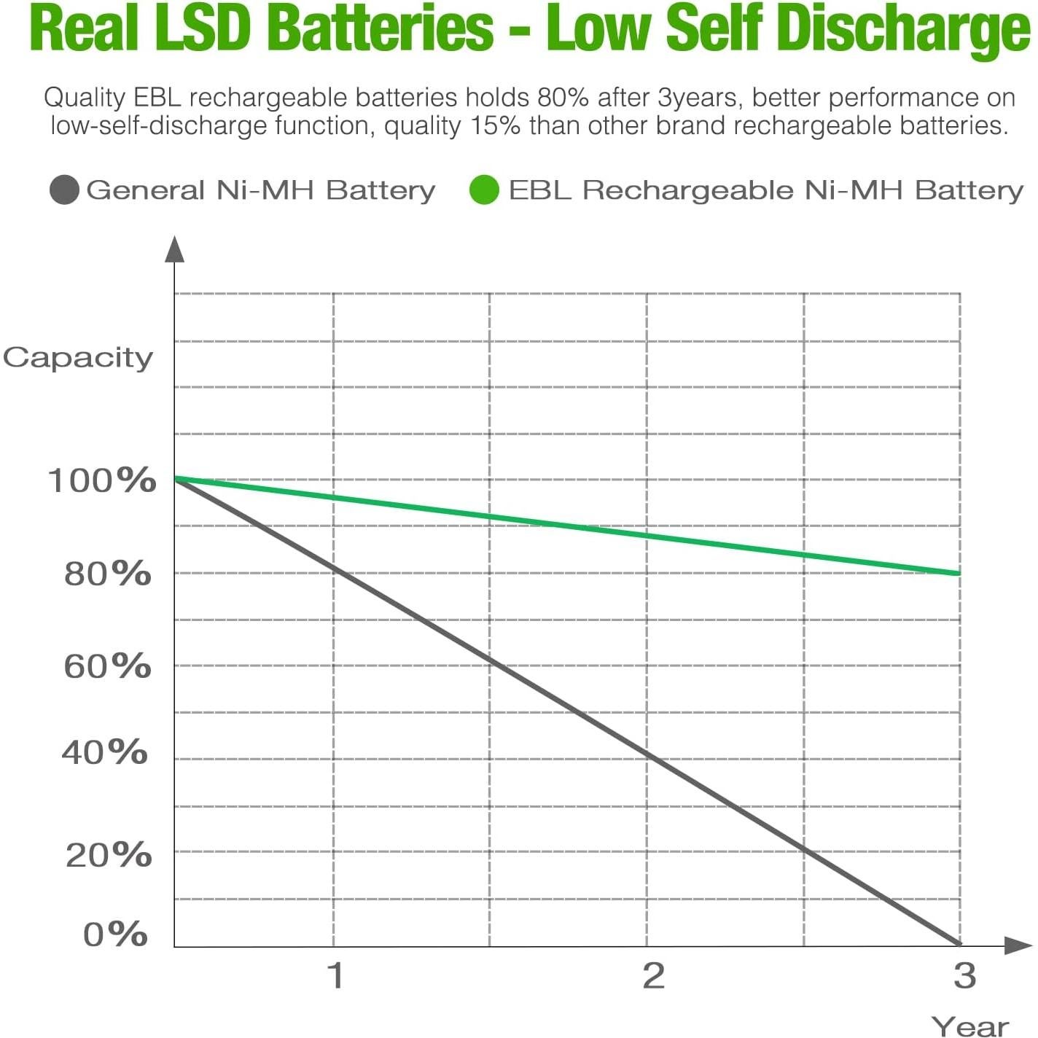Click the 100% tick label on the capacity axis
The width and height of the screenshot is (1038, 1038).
pyautogui.click(x=102, y=480)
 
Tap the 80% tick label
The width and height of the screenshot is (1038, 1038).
pyautogui.click(x=108, y=574)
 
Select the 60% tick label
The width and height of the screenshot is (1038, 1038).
pyautogui.click(x=108, y=666)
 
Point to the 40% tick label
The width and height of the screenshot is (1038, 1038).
pyautogui.click(x=105, y=752)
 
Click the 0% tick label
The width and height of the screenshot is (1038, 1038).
pyautogui.click(x=115, y=934)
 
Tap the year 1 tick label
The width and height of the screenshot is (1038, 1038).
pyautogui.click(x=335, y=975)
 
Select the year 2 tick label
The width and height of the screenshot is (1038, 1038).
pyautogui.click(x=653, y=975)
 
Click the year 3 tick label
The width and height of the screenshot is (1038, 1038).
pyautogui.click(x=964, y=975)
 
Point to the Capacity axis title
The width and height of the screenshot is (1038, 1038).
pyautogui.click(x=78, y=358)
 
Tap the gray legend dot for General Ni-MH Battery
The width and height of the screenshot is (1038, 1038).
pyautogui.click(x=64, y=190)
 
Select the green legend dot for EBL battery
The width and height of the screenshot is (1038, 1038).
pyautogui.click(x=484, y=190)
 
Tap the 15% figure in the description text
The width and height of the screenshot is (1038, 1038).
pyautogui.click(x=496, y=126)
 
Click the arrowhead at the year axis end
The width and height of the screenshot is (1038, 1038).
pyautogui.click(x=1018, y=945)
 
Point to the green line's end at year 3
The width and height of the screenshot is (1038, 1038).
pyautogui.click(x=958, y=574)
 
